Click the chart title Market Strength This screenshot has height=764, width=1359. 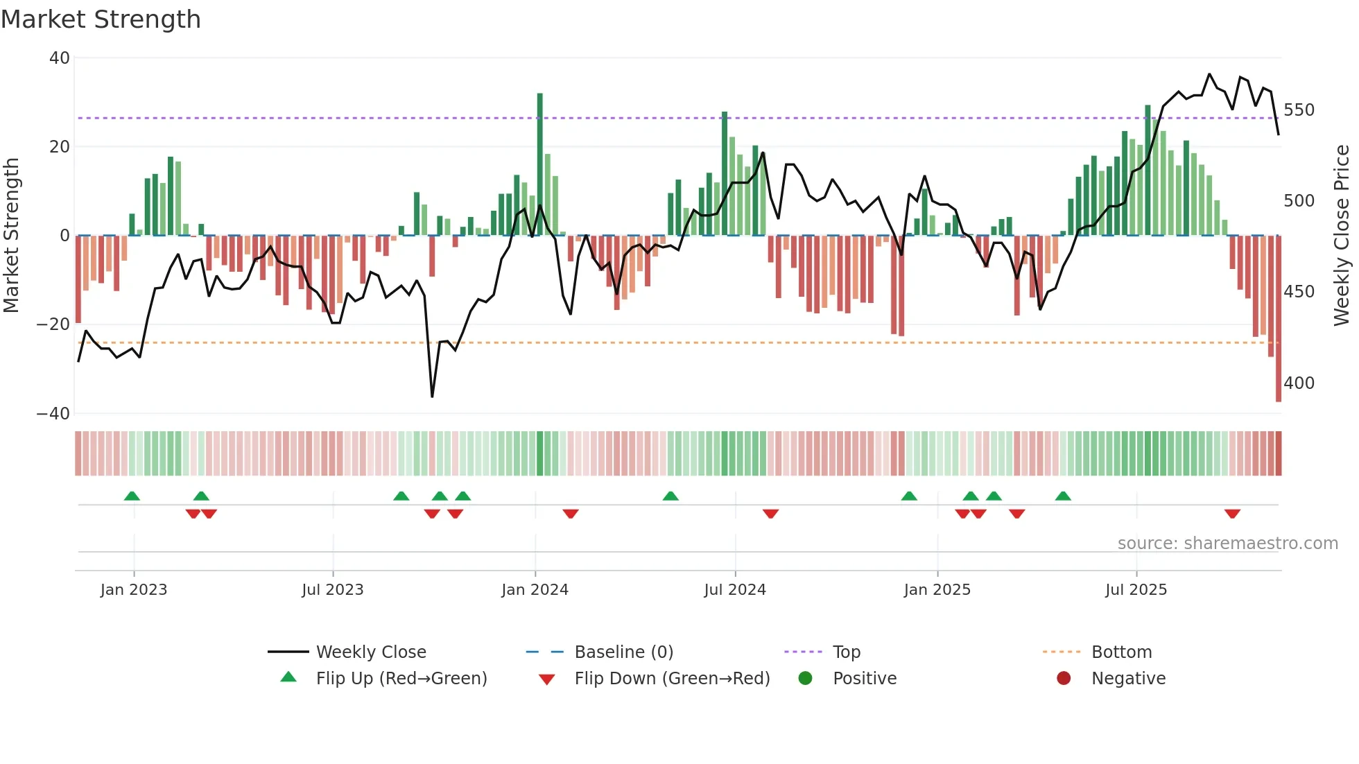pyautogui.click(x=101, y=19)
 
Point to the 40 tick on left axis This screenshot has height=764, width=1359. pyautogui.click(x=59, y=58)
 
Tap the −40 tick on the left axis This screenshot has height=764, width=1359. pyautogui.click(x=53, y=414)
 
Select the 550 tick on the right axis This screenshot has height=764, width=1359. pyautogui.click(x=1299, y=110)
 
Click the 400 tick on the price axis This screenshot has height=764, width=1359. pyautogui.click(x=1299, y=383)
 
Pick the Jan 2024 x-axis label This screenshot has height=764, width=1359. pyautogui.click(x=535, y=590)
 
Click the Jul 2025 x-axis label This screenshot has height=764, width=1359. pyautogui.click(x=1136, y=590)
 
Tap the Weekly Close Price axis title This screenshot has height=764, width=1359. pyautogui.click(x=1342, y=236)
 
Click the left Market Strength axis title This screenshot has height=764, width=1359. pyautogui.click(x=11, y=236)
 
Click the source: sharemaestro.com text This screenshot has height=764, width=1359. pyautogui.click(x=1227, y=544)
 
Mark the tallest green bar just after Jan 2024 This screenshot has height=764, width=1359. pyautogui.click(x=539, y=164)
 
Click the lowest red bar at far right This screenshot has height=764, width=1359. pyautogui.click(x=1279, y=319)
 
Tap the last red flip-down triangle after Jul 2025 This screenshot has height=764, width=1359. pyautogui.click(x=1232, y=514)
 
